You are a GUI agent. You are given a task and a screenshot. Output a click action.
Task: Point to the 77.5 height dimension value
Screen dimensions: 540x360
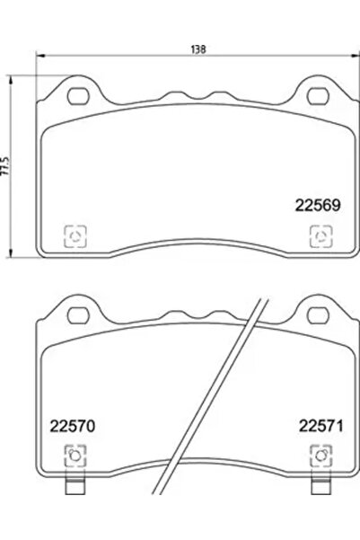[7, 167]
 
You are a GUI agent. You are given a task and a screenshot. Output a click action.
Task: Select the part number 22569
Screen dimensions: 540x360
[317, 205]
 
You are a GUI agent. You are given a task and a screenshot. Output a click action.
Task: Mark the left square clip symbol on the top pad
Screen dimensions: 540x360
[75, 235]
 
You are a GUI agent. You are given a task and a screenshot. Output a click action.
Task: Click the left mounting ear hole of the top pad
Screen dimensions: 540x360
[75, 93]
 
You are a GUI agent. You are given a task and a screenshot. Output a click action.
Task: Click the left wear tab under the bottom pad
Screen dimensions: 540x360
[75, 489]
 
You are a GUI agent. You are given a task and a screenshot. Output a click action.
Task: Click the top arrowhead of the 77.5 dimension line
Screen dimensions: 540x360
[12, 80]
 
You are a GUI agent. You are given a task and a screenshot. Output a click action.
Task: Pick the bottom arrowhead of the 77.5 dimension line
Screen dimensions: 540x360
[12, 254]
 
